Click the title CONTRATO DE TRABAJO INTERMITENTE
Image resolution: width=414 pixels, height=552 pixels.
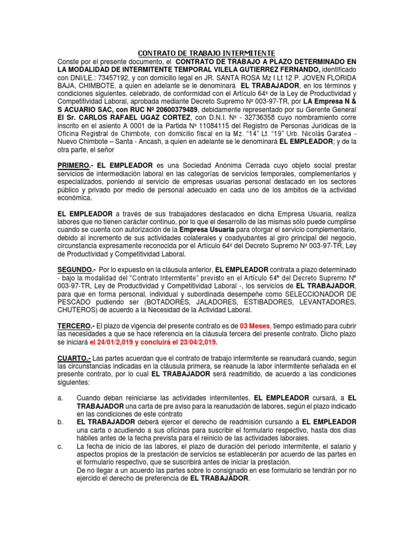click(207, 53)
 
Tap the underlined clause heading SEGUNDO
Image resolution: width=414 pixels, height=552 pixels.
click(76, 268)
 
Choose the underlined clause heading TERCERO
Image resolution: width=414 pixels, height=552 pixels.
click(75, 326)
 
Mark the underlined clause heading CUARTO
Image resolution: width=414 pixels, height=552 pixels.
click(74, 358)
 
